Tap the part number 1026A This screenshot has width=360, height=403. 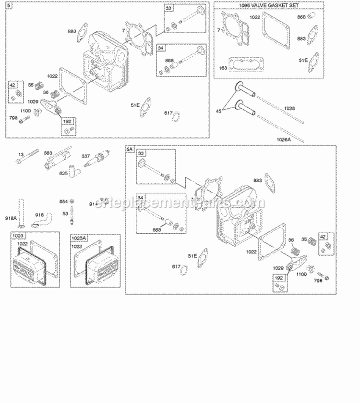(x=283, y=139)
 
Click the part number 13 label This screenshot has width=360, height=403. (x=20, y=154)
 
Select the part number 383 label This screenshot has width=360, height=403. (x=48, y=152)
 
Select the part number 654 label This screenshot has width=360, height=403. (x=63, y=201)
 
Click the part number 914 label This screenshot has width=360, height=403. (x=93, y=204)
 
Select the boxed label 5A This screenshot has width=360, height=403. (x=129, y=150)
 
